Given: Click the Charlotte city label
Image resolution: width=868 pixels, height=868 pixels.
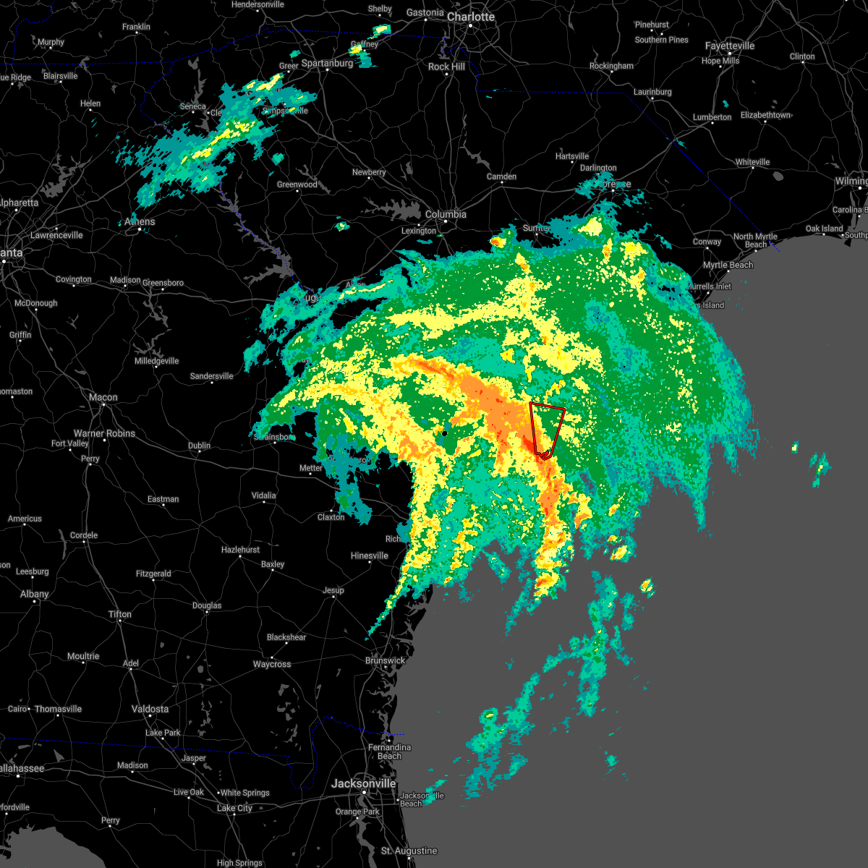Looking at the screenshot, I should [470, 17].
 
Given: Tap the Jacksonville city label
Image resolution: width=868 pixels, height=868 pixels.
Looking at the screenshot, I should [363, 783].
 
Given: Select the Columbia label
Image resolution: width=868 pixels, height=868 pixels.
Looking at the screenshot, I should [446, 214].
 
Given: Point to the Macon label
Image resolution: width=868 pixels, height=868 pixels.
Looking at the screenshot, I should [103, 397].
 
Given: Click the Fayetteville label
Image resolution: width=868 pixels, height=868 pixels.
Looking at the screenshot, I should [730, 46].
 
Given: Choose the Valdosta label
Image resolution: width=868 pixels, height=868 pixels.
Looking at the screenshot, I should [150, 709].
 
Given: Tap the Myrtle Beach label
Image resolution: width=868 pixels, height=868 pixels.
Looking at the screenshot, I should [728, 265].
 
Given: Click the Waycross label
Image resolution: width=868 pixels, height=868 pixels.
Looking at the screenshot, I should [272, 664].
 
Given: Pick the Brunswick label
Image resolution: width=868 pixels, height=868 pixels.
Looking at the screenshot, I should [385, 660].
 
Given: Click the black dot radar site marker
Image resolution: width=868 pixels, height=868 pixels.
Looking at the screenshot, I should [445, 434].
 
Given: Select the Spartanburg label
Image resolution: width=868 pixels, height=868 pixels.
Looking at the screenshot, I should [327, 63].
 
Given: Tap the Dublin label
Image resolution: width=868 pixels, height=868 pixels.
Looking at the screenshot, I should [199, 446].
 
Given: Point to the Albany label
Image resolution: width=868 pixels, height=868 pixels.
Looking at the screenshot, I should [34, 594].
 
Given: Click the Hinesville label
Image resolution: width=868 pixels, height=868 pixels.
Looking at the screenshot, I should [369, 556].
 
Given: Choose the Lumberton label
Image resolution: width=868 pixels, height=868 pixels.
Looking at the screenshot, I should [712, 117].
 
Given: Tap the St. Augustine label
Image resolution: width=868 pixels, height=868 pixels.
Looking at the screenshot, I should [409, 851].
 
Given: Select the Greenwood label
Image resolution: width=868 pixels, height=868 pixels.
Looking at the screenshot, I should [297, 184].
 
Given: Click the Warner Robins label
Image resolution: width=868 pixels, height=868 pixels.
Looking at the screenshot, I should [104, 433].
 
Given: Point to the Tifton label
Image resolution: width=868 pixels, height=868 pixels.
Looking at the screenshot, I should [120, 614].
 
